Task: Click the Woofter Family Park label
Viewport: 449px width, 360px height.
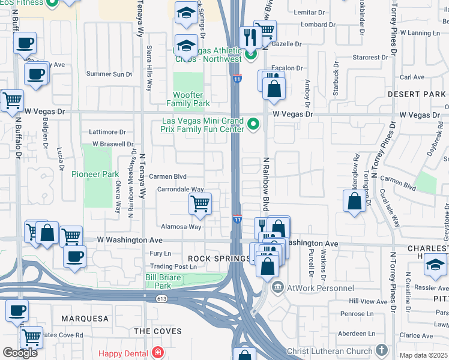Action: click(191, 99)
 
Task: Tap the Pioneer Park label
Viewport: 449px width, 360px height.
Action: click(95, 174)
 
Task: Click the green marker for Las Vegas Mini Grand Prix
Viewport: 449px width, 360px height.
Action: click(253, 124)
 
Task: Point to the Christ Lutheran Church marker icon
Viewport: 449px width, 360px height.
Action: click(381, 350)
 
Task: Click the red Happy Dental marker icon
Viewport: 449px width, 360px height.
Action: click(158, 352)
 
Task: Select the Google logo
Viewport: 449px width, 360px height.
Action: click(20, 352)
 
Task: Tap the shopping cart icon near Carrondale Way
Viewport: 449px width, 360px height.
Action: click(200, 204)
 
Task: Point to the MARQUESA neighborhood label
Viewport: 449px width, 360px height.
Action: click(83, 318)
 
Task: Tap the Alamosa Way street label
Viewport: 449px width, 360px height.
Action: click(181, 227)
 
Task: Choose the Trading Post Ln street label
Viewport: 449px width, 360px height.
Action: click(173, 266)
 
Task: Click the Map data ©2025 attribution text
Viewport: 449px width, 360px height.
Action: click(424, 355)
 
